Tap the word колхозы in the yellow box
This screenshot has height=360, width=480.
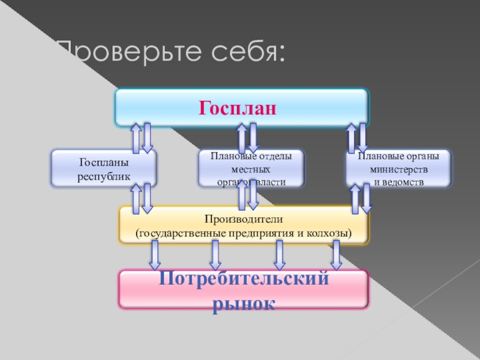point(331,232)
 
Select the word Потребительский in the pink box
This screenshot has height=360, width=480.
point(244,280)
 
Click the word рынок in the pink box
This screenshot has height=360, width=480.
point(244,302)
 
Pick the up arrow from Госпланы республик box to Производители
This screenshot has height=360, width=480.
point(136,198)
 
